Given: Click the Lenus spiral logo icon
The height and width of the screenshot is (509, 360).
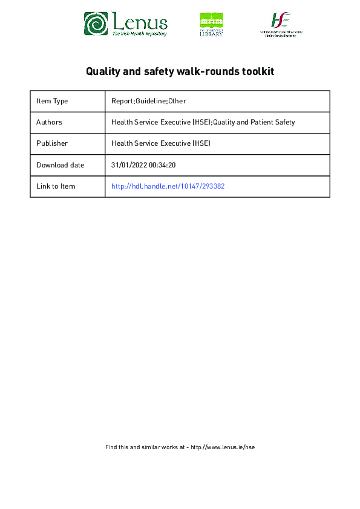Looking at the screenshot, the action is [96, 24].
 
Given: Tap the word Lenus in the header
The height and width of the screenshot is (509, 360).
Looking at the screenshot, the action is [140, 22].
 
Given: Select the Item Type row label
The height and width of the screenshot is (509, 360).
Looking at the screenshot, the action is [52, 101].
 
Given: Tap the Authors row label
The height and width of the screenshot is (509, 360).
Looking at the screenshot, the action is [49, 122].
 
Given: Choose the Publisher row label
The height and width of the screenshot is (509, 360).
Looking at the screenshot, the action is [52, 143].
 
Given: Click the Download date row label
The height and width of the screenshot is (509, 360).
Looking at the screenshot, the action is [60, 165].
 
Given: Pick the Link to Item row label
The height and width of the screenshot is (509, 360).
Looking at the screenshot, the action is [56, 186].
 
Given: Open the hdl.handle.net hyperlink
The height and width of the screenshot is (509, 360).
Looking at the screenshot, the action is [168, 186].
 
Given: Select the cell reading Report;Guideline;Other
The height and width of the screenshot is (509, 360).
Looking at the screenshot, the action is [149, 101].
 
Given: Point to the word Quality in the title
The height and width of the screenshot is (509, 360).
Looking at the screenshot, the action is [103, 71].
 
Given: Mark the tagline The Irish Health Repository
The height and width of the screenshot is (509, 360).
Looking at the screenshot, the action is [139, 34].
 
